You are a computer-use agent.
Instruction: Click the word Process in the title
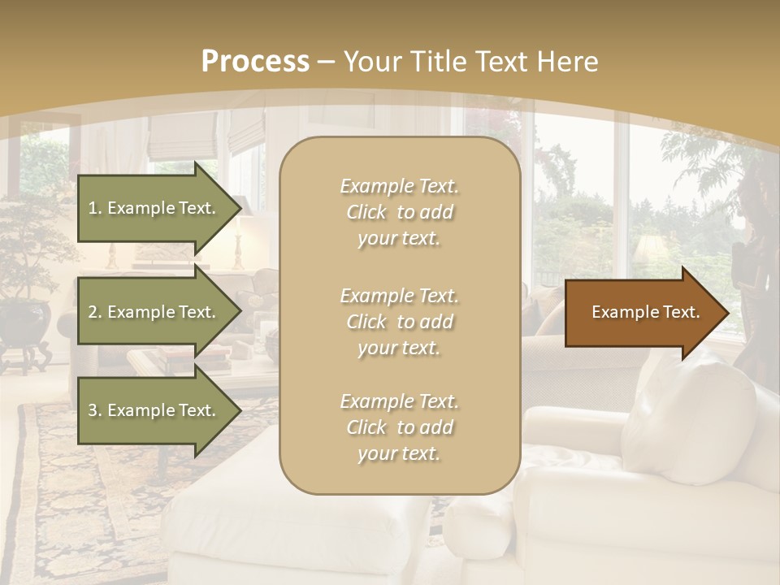coord(255,62)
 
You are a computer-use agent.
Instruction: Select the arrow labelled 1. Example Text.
coord(154,208)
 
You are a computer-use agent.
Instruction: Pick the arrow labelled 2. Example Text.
coord(154,312)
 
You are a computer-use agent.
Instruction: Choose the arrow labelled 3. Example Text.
coord(154,410)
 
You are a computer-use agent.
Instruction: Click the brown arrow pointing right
coord(642,313)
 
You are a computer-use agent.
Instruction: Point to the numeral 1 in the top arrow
coord(93,208)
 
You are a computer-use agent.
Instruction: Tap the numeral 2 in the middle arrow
coord(93,312)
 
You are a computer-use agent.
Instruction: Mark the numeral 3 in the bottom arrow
coord(93,410)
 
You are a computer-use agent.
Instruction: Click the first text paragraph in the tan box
coord(399,212)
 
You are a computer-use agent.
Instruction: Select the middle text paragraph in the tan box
coord(399,322)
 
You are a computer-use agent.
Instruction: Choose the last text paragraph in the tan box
coord(399,427)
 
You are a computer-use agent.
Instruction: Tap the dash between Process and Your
coord(327,62)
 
